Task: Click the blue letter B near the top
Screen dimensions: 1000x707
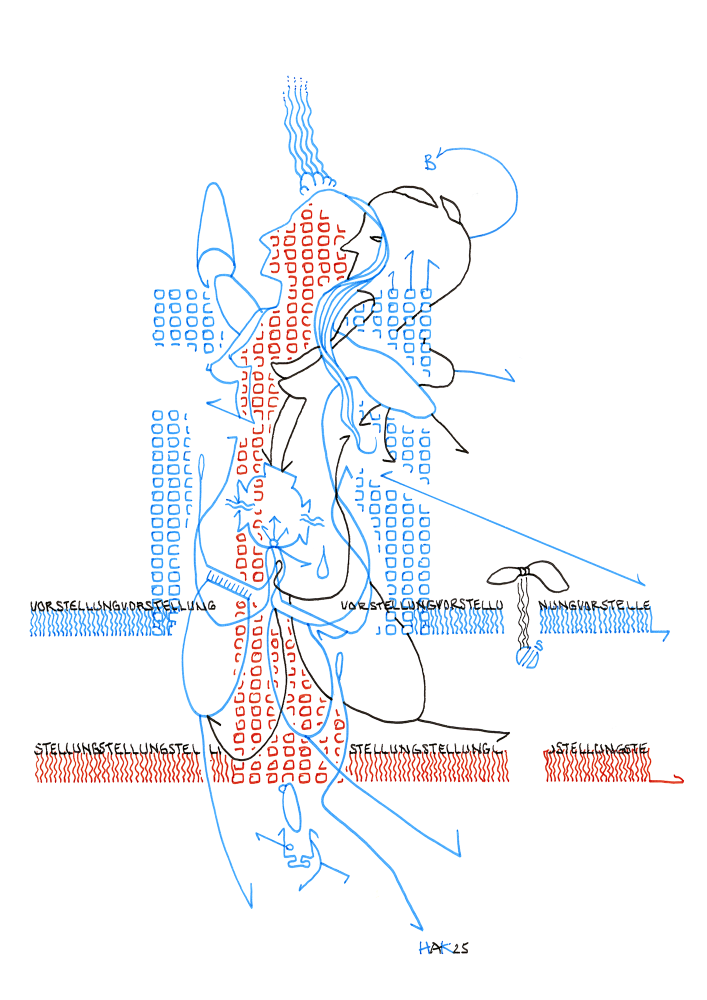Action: click(429, 162)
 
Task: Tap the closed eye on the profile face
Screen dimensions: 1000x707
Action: click(376, 239)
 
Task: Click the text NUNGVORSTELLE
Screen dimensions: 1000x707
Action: click(594, 606)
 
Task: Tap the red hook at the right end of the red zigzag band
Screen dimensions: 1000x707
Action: click(677, 779)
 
